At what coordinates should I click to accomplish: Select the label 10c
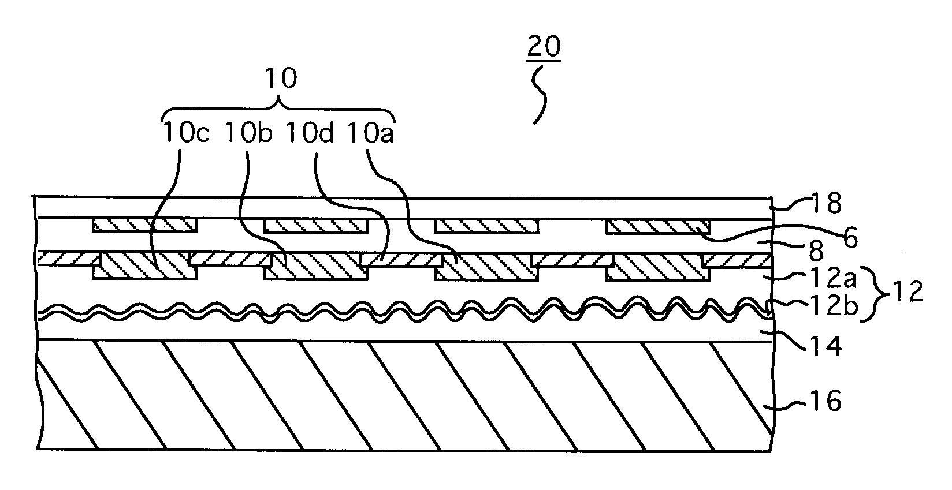[x=185, y=134]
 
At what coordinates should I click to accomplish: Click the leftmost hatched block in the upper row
[x=144, y=226]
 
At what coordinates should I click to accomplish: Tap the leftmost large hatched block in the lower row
[x=144, y=266]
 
